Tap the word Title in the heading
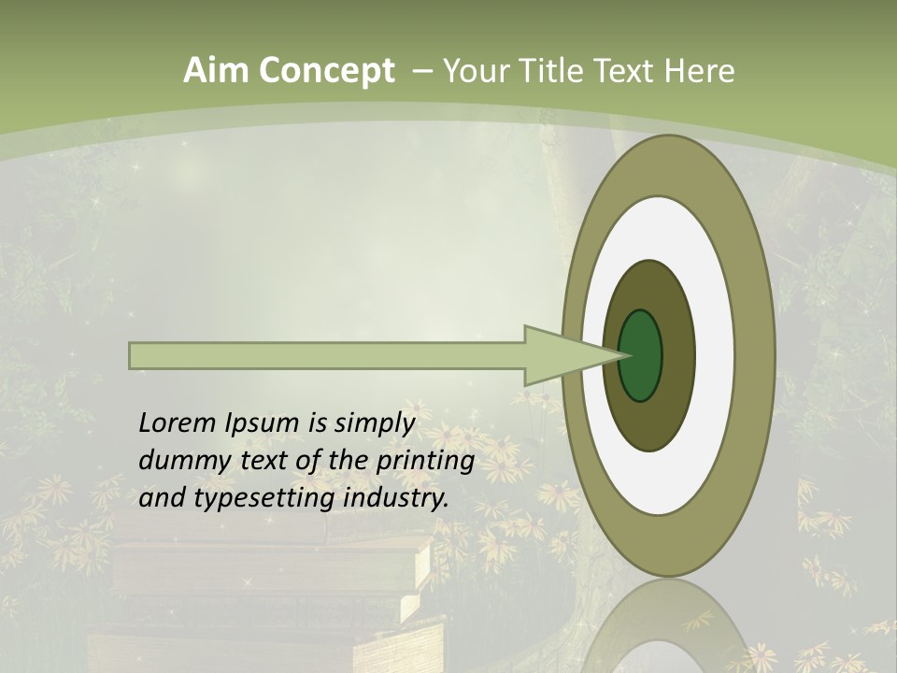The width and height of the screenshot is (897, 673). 557,71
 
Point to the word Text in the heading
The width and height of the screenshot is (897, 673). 626,71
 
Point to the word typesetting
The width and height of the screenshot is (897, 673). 265,499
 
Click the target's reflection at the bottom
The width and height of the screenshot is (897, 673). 669,631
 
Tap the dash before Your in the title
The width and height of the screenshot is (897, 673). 422,72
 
